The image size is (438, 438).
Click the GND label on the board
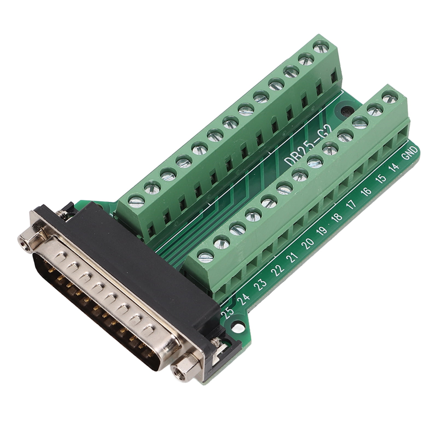[x=410, y=152]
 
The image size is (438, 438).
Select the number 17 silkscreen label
[x=351, y=204]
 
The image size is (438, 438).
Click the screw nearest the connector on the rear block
[x=136, y=201]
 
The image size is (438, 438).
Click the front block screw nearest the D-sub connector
[x=205, y=257]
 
